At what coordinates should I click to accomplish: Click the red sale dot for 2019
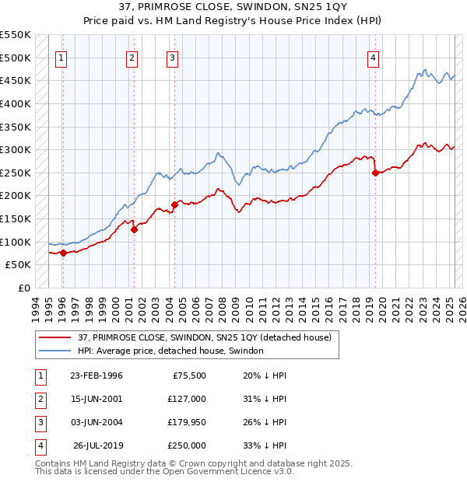(375, 173)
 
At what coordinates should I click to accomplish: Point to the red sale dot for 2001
(134, 229)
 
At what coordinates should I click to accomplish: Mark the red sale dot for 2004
(174, 204)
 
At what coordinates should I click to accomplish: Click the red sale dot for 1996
(62, 253)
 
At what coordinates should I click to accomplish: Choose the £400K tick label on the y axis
(16, 103)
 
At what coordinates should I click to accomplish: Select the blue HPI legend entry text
(170, 351)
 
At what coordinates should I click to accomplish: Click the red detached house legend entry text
(205, 337)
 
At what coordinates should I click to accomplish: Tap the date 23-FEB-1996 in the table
(96, 375)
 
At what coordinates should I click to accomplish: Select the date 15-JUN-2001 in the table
(96, 398)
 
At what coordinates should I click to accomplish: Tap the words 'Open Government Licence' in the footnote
(227, 471)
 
